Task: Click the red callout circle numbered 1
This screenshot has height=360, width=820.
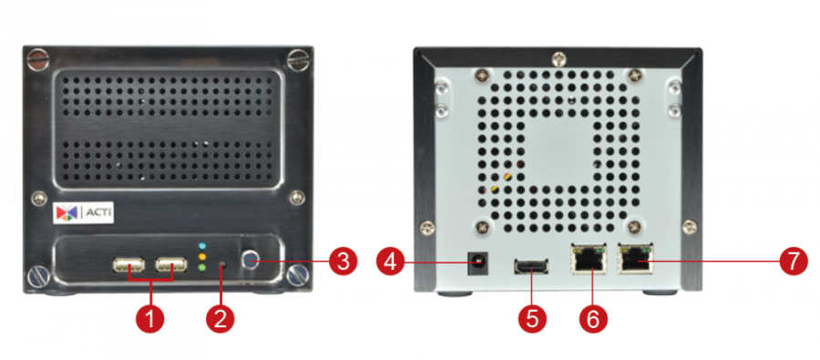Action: click(149, 317)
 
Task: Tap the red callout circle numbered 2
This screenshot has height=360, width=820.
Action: click(220, 317)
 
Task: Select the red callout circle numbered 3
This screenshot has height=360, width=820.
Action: click(343, 261)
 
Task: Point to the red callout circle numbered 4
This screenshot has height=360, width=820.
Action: click(391, 261)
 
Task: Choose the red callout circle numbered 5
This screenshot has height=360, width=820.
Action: click(532, 317)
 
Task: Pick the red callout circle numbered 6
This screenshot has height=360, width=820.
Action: click(593, 317)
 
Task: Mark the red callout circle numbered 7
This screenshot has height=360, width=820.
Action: click(794, 261)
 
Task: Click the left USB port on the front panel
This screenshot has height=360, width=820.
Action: click(128, 266)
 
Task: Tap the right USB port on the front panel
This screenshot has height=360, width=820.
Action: click(171, 264)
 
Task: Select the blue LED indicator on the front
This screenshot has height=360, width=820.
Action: click(203, 245)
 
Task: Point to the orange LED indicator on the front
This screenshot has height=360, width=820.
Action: click(203, 256)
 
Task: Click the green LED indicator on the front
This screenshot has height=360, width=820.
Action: click(203, 267)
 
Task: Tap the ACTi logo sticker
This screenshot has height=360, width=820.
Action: click(83, 213)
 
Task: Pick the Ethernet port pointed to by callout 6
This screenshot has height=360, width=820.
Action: click(589, 260)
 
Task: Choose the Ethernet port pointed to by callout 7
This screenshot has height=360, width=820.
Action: click(635, 259)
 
